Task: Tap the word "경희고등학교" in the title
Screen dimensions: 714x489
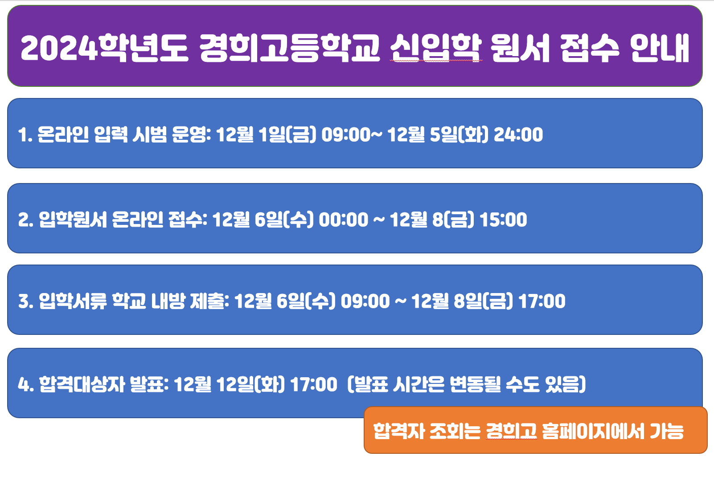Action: click(x=290, y=48)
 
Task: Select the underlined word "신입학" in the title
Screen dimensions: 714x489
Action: click(x=435, y=48)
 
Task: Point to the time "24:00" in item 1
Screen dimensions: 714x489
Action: click(x=518, y=134)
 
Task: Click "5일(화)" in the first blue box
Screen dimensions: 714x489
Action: click(x=459, y=134)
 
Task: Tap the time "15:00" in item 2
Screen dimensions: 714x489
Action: click(x=503, y=220)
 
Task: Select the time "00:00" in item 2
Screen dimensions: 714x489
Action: click(x=344, y=220)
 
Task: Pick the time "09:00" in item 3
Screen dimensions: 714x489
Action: click(x=365, y=301)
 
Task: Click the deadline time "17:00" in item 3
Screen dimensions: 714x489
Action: click(x=542, y=301)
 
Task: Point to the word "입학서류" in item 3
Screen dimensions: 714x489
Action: click(x=73, y=301)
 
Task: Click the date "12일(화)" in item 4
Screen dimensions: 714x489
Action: click(x=250, y=384)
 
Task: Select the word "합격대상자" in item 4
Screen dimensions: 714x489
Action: click(x=82, y=384)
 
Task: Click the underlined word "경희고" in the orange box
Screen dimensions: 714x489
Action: click(x=511, y=431)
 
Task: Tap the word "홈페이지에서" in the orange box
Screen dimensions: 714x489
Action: click(x=594, y=431)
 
